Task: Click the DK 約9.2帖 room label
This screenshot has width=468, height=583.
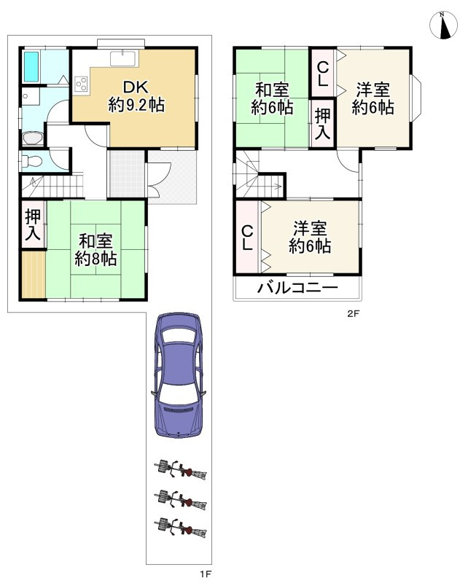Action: pyautogui.click(x=136, y=96)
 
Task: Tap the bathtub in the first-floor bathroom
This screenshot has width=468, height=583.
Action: pyautogui.click(x=31, y=67)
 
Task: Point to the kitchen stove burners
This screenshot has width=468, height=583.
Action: pyautogui.click(x=81, y=84)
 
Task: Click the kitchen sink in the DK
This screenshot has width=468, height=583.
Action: pyautogui.click(x=122, y=59)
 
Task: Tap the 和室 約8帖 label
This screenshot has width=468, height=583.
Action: pyautogui.click(x=95, y=250)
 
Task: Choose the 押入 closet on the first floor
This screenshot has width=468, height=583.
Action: pyautogui.click(x=33, y=224)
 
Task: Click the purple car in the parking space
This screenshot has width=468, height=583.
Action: pyautogui.click(x=179, y=375)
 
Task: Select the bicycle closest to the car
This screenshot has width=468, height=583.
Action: pyautogui.click(x=180, y=470)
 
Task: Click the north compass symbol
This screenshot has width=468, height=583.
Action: pyautogui.click(x=443, y=26)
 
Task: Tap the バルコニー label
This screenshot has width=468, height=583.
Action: pyautogui.click(x=297, y=287)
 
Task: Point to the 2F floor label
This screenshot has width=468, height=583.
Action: pyautogui.click(x=353, y=313)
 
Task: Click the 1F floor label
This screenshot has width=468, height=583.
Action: pyautogui.click(x=206, y=574)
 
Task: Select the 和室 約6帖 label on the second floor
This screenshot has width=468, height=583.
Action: pyautogui.click(x=272, y=99)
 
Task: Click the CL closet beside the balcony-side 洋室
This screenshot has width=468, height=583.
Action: pyautogui.click(x=247, y=238)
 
